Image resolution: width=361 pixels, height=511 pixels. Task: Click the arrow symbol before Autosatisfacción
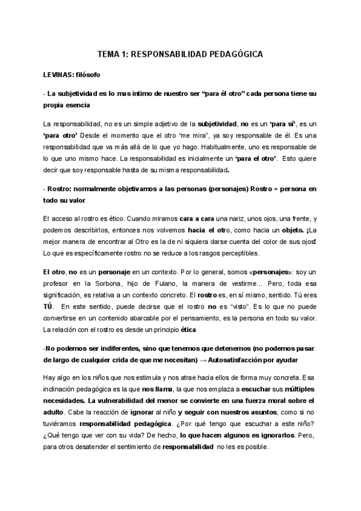(x=205, y=360)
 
